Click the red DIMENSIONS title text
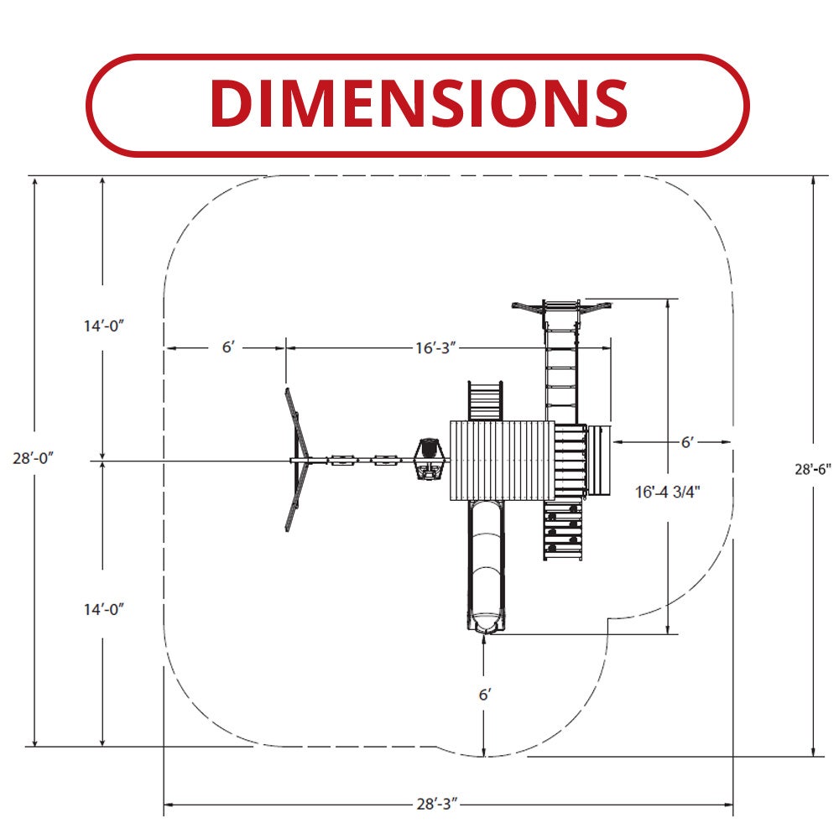coord(419,103)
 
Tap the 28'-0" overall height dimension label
coord(34,458)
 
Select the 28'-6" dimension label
coord(813,469)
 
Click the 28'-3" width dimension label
coord(438,804)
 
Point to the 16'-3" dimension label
coord(436,348)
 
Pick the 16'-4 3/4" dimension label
coord(668,492)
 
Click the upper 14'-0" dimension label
coord(104,326)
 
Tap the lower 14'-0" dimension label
coord(104,609)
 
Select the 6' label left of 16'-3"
coord(228,347)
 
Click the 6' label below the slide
coord(485,695)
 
